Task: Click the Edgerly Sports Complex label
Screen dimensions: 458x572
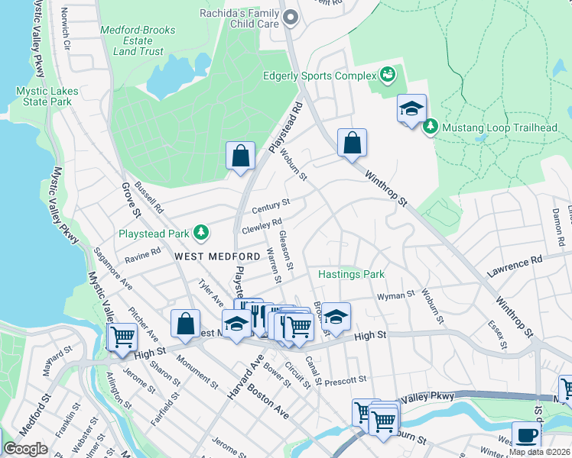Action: (320, 76)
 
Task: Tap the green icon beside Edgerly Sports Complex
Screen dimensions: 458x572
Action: (388, 75)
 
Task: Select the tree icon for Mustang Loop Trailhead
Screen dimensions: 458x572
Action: (431, 126)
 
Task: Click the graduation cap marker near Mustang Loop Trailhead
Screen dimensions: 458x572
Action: (411, 108)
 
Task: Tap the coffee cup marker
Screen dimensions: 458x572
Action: (525, 435)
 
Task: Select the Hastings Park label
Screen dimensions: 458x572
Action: (351, 274)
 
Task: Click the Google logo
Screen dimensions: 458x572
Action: (25, 449)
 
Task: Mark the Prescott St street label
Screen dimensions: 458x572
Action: (346, 379)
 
